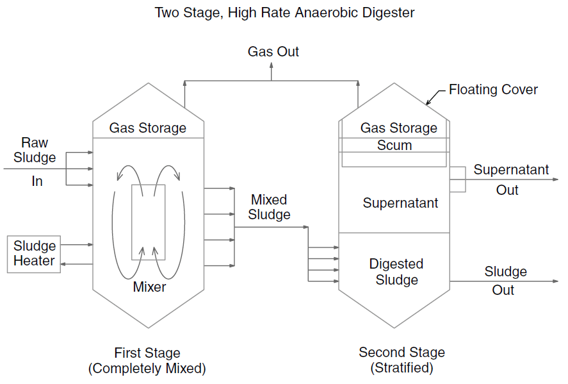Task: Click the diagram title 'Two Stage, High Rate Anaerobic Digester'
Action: [284, 13]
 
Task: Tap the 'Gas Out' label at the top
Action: [273, 52]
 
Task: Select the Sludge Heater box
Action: [34, 254]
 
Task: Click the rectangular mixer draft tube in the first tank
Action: [149, 222]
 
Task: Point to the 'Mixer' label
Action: [149, 287]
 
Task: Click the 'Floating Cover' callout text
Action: [493, 90]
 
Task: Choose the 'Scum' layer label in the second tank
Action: [394, 146]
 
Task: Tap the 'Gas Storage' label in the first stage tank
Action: [148, 128]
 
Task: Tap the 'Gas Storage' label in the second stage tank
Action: [398, 128]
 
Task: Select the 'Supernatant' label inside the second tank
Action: [400, 203]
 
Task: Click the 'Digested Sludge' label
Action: [396, 272]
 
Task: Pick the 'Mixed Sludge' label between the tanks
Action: [269, 207]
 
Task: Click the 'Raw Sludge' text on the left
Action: [35, 150]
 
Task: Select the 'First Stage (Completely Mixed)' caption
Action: [147, 360]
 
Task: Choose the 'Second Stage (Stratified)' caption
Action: [402, 360]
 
